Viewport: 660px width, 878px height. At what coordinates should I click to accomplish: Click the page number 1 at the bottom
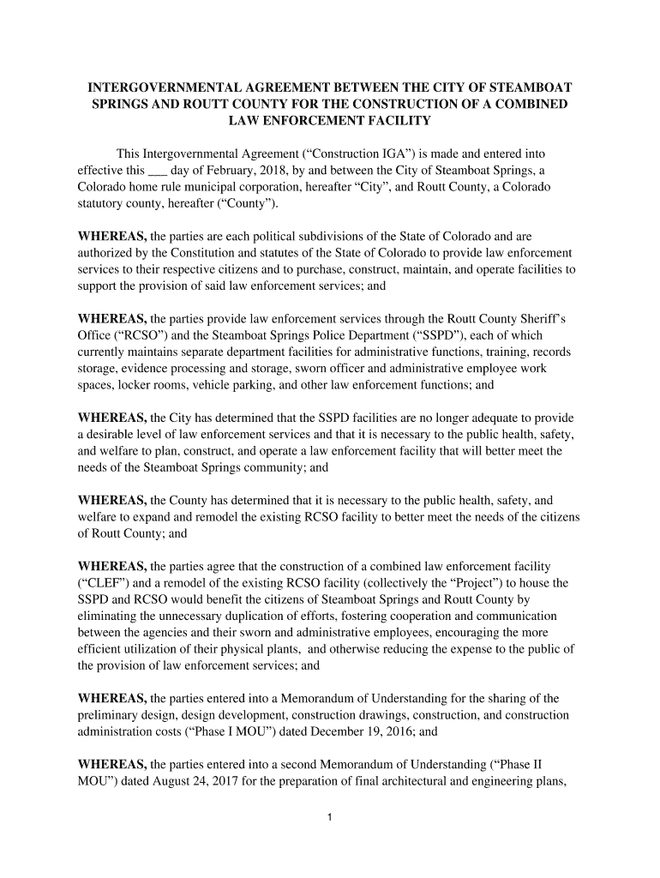tap(330, 816)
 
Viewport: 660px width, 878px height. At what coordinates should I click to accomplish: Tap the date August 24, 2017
tap(185, 779)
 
